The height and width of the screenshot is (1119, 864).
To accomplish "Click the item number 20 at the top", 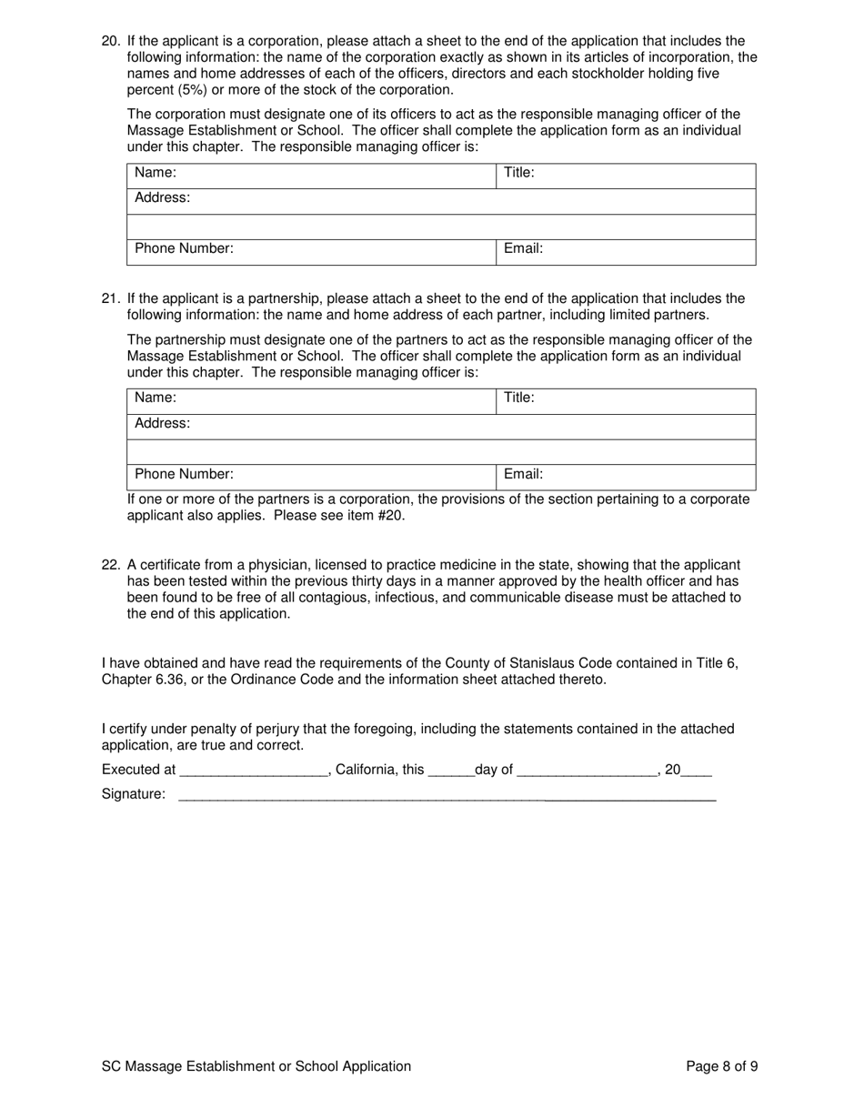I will [110, 41].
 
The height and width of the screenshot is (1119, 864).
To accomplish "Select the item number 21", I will [110, 298].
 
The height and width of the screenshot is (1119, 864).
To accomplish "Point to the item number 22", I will [110, 565].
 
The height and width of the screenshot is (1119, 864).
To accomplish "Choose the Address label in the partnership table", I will [163, 424].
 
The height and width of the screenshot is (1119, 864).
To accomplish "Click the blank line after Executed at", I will [254, 771].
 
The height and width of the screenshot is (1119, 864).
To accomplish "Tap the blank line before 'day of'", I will [450, 771].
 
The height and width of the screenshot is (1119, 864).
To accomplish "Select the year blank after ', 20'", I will [697, 771].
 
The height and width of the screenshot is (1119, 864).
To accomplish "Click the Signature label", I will [134, 794].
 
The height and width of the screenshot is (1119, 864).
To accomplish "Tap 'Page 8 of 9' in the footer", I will [722, 1066].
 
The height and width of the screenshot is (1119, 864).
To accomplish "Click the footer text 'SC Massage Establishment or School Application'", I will [256, 1066].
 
